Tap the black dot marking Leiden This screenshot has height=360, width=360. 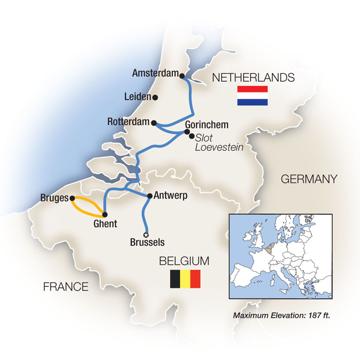pyautogui.click(x=155, y=97)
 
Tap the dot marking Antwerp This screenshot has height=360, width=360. pyautogui.click(x=150, y=196)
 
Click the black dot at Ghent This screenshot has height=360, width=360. pyautogui.click(x=104, y=214)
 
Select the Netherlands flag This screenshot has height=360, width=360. pyautogui.click(x=252, y=96)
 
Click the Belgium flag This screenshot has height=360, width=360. pyautogui.click(x=185, y=279)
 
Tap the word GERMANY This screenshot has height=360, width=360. pyautogui.click(x=309, y=179)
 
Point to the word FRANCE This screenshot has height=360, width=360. pyautogui.click(x=65, y=286)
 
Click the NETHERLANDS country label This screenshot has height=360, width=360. pyautogui.click(x=253, y=78)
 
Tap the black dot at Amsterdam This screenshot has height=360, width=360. pyautogui.click(x=183, y=76)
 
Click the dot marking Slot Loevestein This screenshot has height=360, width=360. pyautogui.click(x=192, y=136)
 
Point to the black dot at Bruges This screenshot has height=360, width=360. pyautogui.click(x=72, y=198)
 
